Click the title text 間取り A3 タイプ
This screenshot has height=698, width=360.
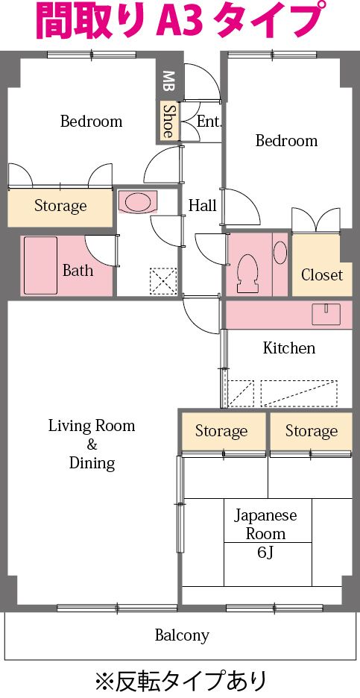(180, 21)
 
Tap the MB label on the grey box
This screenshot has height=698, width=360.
(168, 80)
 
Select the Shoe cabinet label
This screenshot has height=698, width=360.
(168, 121)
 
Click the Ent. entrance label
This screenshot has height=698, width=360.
(209, 121)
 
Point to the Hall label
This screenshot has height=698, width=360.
(202, 205)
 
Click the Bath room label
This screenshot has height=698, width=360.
(78, 270)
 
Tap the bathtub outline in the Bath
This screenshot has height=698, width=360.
(40, 265)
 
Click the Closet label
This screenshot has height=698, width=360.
(322, 274)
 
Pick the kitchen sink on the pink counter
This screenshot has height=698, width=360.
(326, 314)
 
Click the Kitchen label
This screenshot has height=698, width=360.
(289, 348)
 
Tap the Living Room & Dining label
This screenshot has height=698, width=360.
(92, 444)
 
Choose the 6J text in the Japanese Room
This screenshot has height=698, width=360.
(265, 553)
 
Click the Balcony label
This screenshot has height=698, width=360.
(182, 636)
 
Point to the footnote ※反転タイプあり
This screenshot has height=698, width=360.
(180, 680)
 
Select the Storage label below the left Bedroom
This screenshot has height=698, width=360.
(60, 206)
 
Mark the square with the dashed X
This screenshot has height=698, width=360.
(162, 281)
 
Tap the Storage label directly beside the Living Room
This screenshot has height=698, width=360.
(221, 431)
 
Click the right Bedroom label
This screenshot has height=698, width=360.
(286, 141)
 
